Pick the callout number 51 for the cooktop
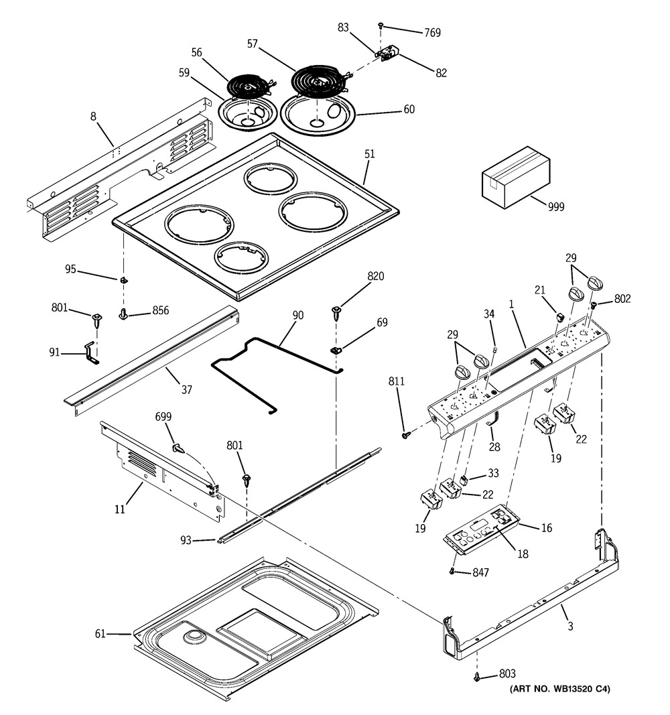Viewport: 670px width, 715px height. [x=369, y=154]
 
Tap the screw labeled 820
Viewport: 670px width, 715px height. [x=336, y=311]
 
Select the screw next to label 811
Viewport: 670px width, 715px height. [x=405, y=435]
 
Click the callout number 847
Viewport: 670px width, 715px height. [x=480, y=572]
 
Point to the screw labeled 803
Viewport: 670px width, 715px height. [x=477, y=677]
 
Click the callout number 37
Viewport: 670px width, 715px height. [x=187, y=389]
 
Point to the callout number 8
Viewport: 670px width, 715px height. [x=94, y=117]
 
